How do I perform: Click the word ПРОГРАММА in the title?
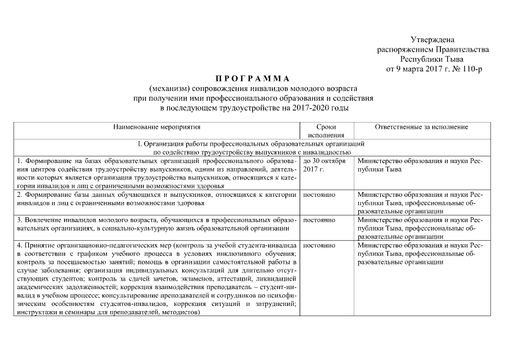253,79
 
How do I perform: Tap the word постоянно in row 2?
319,195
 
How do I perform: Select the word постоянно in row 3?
319,220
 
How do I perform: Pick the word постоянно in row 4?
319,246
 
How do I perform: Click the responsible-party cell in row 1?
420,165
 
